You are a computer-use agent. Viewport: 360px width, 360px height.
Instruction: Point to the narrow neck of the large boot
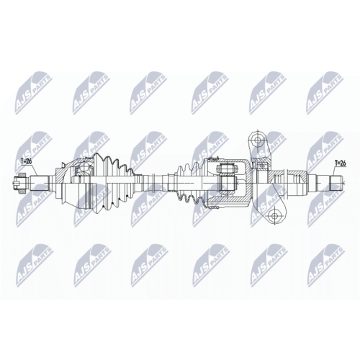136,179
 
